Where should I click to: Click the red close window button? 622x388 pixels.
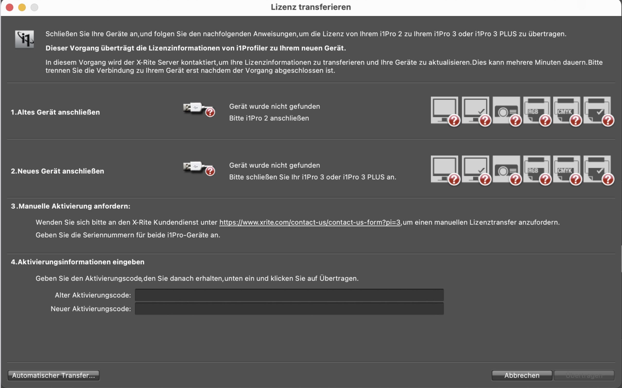coord(9,8)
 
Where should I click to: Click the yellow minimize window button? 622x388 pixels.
coord(22,8)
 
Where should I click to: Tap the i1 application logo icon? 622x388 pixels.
coord(24,39)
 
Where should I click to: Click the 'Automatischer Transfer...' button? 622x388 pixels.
coord(53,375)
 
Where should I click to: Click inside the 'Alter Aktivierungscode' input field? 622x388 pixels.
coord(289,295)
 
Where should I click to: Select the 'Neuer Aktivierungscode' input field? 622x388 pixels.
coord(289,308)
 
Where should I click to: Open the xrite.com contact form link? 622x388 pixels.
coord(310,222)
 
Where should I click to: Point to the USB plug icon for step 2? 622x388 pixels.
coord(199,168)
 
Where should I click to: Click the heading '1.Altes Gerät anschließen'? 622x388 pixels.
coord(55,112)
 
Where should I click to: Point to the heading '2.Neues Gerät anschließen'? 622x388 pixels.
coord(57,171)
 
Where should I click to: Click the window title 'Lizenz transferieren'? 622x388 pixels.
coord(311,7)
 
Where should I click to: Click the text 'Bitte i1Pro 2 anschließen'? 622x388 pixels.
coord(269,118)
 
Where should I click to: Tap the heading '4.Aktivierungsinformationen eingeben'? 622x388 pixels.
coord(78,262)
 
